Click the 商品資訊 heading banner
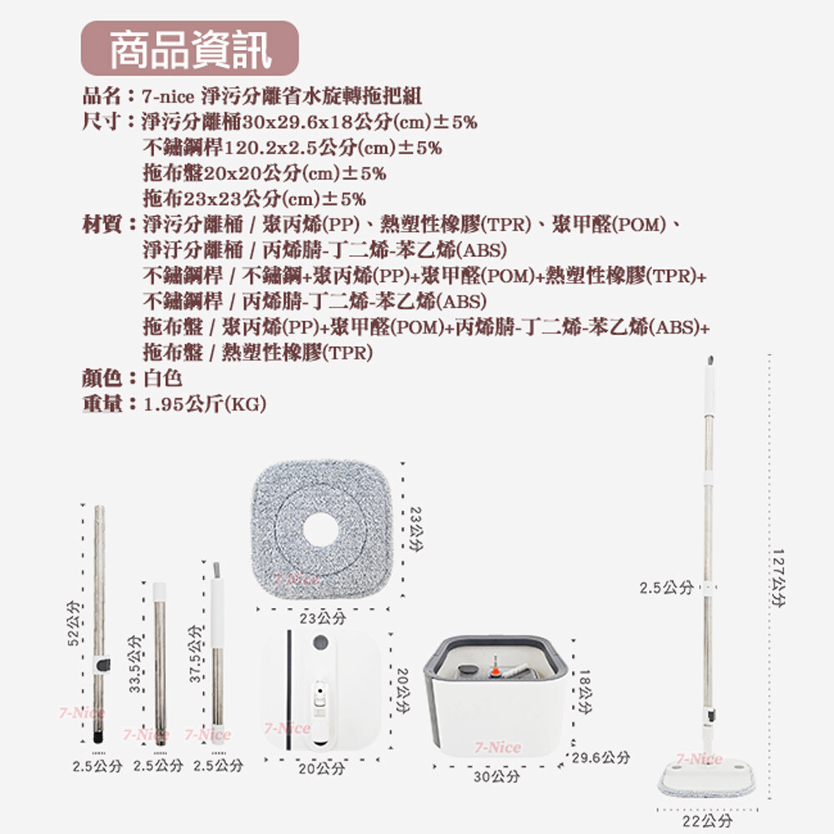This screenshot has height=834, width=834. coord(190,48)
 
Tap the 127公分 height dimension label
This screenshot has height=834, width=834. coord(777,578)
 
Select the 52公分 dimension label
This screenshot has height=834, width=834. coord(73,623)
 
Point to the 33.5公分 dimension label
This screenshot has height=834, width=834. coord(135,663)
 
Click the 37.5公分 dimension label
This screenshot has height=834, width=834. coord(196,654)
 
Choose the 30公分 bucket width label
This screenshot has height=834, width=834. coord(497,776)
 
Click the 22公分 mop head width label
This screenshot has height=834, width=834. coord(707,820)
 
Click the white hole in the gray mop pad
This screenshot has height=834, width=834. coord(319,530)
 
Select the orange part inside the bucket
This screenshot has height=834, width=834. coord(495,671)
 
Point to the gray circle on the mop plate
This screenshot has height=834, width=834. coord(321,642)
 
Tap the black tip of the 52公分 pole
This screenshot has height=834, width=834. coord(98,738)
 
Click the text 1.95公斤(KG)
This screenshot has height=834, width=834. coord(205,404)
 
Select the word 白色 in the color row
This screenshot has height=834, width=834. coord(163,378)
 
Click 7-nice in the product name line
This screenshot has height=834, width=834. coord(168,97)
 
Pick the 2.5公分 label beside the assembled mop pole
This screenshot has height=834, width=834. coord(666,588)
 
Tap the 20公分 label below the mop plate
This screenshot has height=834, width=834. coord(321,769)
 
